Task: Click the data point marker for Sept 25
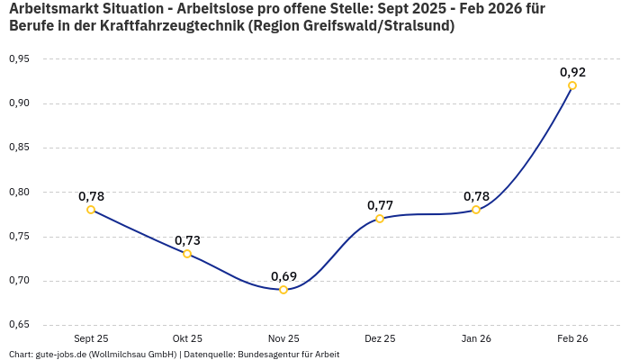coord(91,210)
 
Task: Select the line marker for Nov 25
coord(283,290)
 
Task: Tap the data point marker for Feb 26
coord(572,85)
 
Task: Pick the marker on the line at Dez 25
coord(380,219)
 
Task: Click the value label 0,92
coord(572,72)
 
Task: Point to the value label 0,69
coord(283,275)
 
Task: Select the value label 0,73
coord(187,240)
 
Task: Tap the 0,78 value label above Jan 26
coord(476,196)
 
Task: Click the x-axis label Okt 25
coord(187,338)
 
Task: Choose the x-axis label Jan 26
coord(476,338)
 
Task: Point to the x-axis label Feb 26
coord(572,338)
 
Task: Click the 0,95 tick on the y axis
coord(19,59)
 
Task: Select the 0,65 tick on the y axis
coord(19,325)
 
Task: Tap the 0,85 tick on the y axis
coord(19,148)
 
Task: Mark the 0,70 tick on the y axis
coord(19,281)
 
